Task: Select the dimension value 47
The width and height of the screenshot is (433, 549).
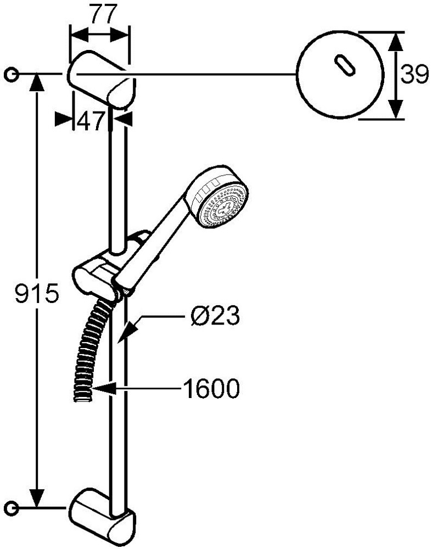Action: coord(91,121)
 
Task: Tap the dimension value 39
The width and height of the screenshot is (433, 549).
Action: coord(414,74)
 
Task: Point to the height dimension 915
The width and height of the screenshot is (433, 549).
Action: coord(36,293)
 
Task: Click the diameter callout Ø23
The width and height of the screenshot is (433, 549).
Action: coord(215,315)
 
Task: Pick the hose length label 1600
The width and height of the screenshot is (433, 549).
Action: coord(211,388)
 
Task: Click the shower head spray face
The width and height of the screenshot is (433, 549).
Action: coord(223,206)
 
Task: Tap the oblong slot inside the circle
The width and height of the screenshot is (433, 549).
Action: coord(345,64)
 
